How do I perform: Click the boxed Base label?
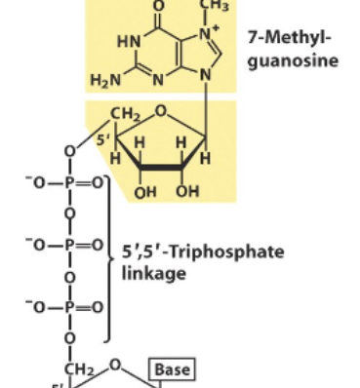(171, 369)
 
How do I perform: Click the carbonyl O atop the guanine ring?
(160, 5)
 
